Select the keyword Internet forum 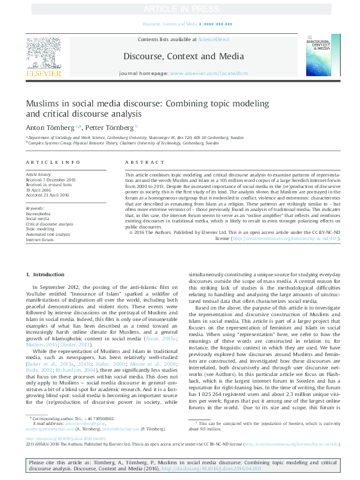pyautogui.click(x=40, y=240)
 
